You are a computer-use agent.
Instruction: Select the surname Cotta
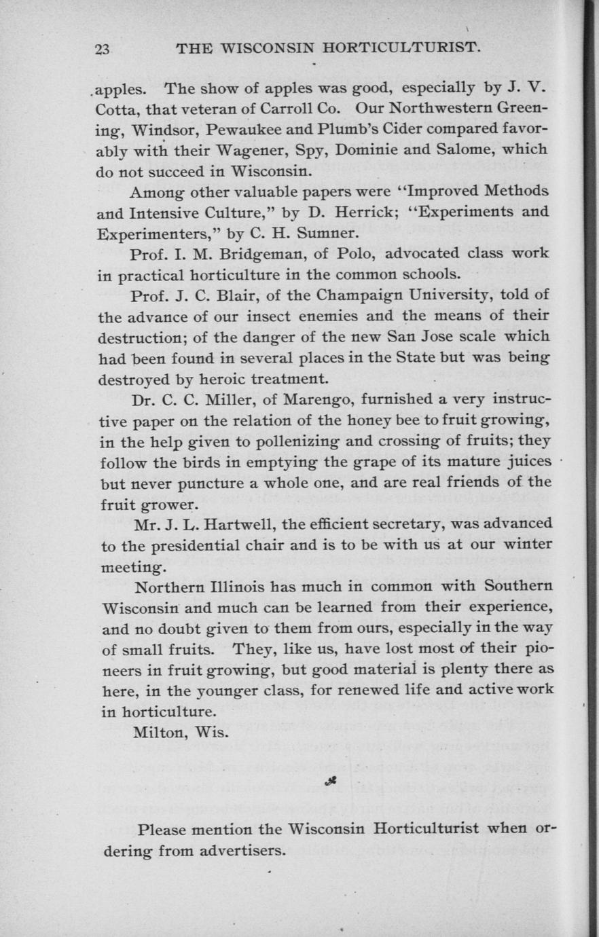click(117, 109)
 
